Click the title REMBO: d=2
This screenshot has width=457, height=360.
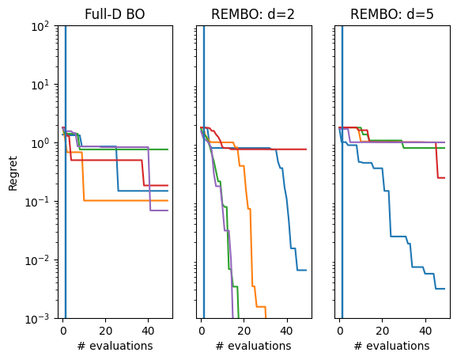(253, 13)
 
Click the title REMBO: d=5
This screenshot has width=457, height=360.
(391, 13)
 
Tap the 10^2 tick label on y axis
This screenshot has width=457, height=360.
(42, 26)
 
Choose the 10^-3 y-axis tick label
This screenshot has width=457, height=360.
(40, 319)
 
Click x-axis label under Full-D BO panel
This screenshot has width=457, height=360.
(115, 346)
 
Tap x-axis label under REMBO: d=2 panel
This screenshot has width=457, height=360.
(253, 346)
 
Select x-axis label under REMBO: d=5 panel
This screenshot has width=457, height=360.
(391, 346)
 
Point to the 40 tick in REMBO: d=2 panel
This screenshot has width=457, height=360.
(286, 331)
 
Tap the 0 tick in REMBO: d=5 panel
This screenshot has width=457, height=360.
(339, 331)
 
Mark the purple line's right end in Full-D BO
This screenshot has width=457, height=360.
(168, 210)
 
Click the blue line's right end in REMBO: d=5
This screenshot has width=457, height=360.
(444, 289)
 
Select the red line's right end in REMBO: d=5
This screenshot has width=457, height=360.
(444, 178)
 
